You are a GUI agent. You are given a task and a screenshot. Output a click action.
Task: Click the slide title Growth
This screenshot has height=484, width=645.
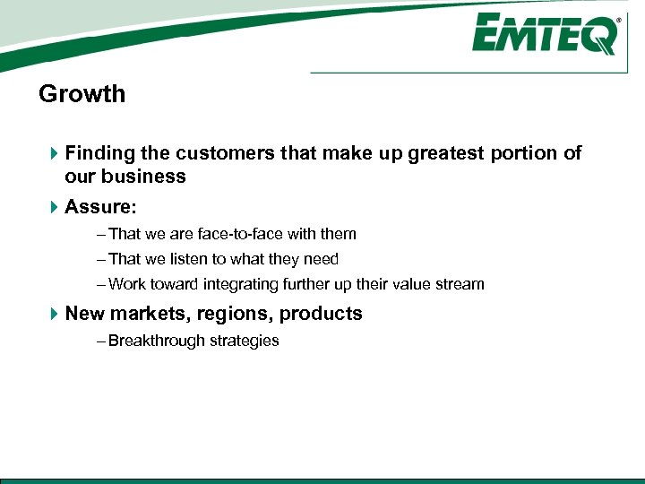pyautogui.click(x=82, y=94)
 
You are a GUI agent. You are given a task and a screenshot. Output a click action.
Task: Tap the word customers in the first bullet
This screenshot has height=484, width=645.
pyautogui.click(x=233, y=153)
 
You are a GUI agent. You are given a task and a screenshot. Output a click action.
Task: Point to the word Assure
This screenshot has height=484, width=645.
pyautogui.click(x=99, y=207)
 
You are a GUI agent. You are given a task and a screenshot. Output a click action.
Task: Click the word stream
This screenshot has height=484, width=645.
pyautogui.click(x=460, y=284)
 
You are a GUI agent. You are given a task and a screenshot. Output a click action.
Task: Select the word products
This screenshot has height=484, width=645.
pyautogui.click(x=321, y=314)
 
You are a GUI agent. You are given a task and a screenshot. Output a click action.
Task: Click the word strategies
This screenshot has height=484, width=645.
pyautogui.click(x=244, y=341)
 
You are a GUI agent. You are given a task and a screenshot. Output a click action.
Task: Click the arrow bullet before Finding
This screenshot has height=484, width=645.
pyautogui.click(x=53, y=153)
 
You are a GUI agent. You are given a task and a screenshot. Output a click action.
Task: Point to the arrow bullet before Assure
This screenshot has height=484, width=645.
pyautogui.click(x=53, y=207)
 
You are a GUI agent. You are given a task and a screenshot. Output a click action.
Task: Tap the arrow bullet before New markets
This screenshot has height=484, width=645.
pyautogui.click(x=53, y=314)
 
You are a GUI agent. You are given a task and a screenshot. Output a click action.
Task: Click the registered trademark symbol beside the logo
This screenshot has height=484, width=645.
pyautogui.click(x=618, y=20)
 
